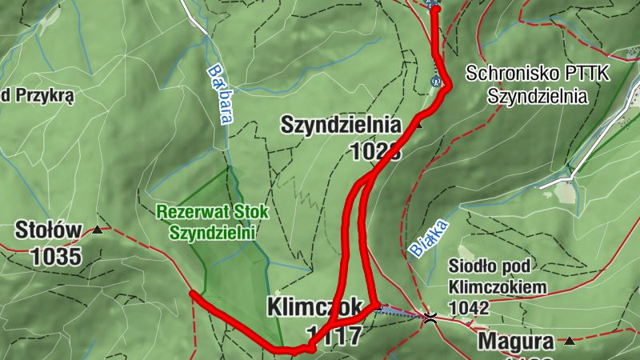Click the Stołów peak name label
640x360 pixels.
pyautogui.click(x=48, y=231)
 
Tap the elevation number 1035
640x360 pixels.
pyautogui.click(x=56, y=256)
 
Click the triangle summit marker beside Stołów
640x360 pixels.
pyautogui.click(x=97, y=230)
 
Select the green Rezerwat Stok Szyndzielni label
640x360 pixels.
pyautogui.click(x=212, y=223)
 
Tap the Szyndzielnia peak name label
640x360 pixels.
pyautogui.click(x=340, y=125)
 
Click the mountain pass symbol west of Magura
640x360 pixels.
pyautogui.click(x=430, y=318)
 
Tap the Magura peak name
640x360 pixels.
pyautogui.click(x=516, y=342)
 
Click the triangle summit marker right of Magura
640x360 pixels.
pyautogui.click(x=569, y=342)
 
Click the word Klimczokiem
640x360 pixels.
pyautogui.click(x=497, y=286)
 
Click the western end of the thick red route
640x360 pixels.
pyautogui.click(x=191, y=294)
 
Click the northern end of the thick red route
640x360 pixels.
pyautogui.click(x=434, y=6)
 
